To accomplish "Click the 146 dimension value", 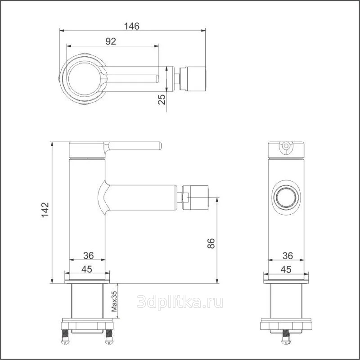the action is pyautogui.click(x=131, y=26).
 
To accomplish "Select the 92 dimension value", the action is pyautogui.click(x=111, y=41).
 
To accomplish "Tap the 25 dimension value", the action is pyautogui.click(x=162, y=99).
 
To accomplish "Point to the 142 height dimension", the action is pyautogui.click(x=45, y=210).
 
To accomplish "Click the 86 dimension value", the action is pyautogui.click(x=211, y=243).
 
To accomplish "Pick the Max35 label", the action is pyautogui.click(x=114, y=301).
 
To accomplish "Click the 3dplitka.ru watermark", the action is pyautogui.click(x=180, y=302).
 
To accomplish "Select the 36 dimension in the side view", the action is pyautogui.click(x=89, y=255).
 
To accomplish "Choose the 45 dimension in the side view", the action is pyautogui.click(x=87, y=269).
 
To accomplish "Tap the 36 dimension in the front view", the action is pyautogui.click(x=288, y=256).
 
